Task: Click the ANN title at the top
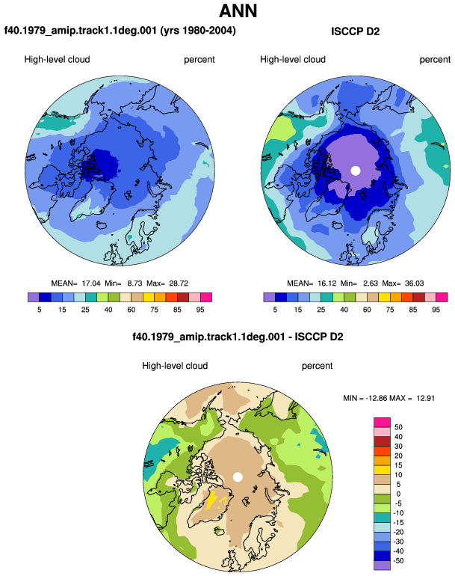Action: click(x=238, y=10)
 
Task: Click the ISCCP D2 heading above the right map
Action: click(x=355, y=31)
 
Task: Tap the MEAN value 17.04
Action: click(x=90, y=284)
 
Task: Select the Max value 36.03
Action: click(x=414, y=284)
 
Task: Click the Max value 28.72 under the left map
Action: click(x=179, y=284)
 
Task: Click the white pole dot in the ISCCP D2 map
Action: click(x=355, y=171)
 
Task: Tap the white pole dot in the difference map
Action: click(x=238, y=477)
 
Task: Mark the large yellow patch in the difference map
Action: click(x=211, y=500)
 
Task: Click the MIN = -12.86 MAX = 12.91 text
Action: click(x=389, y=398)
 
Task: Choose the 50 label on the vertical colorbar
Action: click(x=398, y=427)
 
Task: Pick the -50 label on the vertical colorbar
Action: click(x=397, y=561)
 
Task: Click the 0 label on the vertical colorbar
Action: click(x=398, y=494)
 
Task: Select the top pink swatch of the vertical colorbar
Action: click(x=382, y=422)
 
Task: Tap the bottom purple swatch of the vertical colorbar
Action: click(x=382, y=566)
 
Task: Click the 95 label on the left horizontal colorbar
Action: click(x=200, y=310)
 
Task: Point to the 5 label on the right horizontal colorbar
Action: click(x=275, y=310)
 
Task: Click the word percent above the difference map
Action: click(x=317, y=366)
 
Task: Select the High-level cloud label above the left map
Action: click(x=58, y=60)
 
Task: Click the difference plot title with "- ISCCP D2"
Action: click(x=238, y=337)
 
